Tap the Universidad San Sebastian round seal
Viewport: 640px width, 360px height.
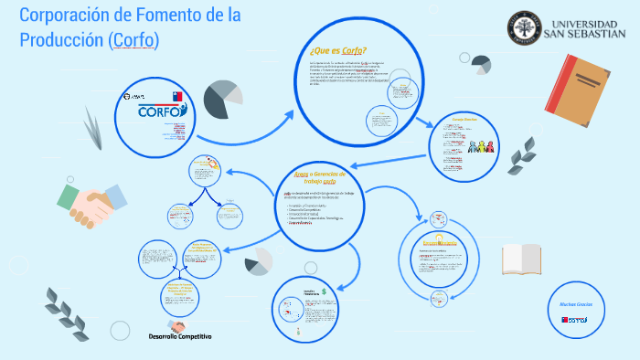[x=524, y=26]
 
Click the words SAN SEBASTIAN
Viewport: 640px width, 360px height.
[x=592, y=33]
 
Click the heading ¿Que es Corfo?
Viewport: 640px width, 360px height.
[x=338, y=50]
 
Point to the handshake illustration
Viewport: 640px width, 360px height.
[x=89, y=204]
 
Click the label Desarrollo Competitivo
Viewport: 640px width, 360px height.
[x=180, y=336]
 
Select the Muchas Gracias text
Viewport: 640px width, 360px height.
[x=574, y=304]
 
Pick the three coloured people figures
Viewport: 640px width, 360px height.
[x=480, y=146]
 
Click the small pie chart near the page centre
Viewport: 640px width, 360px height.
[x=258, y=265]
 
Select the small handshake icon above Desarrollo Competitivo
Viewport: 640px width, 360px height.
[x=176, y=325]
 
